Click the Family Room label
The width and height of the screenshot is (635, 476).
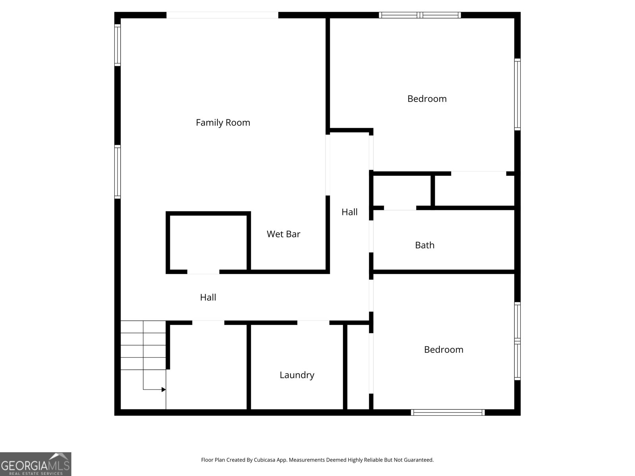coord(223,123)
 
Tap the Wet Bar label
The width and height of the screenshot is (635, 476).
coord(283,234)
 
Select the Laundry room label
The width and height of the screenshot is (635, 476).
coord(297,375)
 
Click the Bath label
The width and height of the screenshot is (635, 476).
coord(425,245)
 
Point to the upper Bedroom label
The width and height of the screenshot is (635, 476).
coord(427,99)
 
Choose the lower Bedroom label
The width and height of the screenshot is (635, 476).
coord(444,349)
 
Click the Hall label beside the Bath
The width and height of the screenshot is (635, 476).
coord(349,212)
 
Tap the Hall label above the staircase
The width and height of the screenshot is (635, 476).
coord(208,297)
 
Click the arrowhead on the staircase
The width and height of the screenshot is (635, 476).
coord(164,390)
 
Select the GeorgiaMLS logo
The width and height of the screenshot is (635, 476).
coord(35,464)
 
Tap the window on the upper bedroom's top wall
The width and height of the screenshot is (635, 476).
coord(419,15)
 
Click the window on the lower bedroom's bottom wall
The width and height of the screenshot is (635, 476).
coord(448,413)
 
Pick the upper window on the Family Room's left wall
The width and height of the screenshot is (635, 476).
coord(117,45)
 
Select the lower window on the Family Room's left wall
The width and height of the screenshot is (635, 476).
coord(117,172)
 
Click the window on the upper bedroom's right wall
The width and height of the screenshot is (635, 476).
coord(518,94)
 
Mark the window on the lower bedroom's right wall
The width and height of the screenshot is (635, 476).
coord(518,341)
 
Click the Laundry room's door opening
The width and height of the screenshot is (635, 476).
coord(313,322)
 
